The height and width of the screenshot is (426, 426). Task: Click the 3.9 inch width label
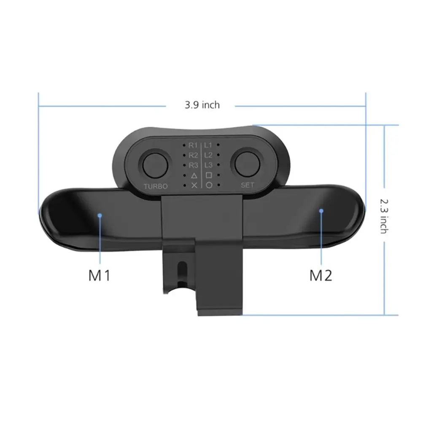pos(202,105)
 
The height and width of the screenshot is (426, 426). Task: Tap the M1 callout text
pos(100,275)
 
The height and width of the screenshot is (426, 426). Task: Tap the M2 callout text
pos(321,275)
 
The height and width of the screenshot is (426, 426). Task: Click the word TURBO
pos(156,186)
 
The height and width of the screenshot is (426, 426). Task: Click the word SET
pos(248,185)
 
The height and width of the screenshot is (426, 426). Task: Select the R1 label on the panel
pos(194,146)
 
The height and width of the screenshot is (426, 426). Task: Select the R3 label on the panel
pos(194,165)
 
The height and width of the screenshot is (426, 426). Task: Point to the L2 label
pos(208,155)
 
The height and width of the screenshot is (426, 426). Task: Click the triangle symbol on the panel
pos(194,175)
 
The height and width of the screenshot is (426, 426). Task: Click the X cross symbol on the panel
pos(194,185)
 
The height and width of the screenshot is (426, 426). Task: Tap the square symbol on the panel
pos(208,175)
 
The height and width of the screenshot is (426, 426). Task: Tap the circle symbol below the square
pos(209,185)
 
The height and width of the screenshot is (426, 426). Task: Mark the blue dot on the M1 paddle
pos(100,215)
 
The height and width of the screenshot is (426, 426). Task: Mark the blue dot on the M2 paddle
pos(321,210)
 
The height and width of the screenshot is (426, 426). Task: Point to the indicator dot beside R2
pos(185,155)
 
